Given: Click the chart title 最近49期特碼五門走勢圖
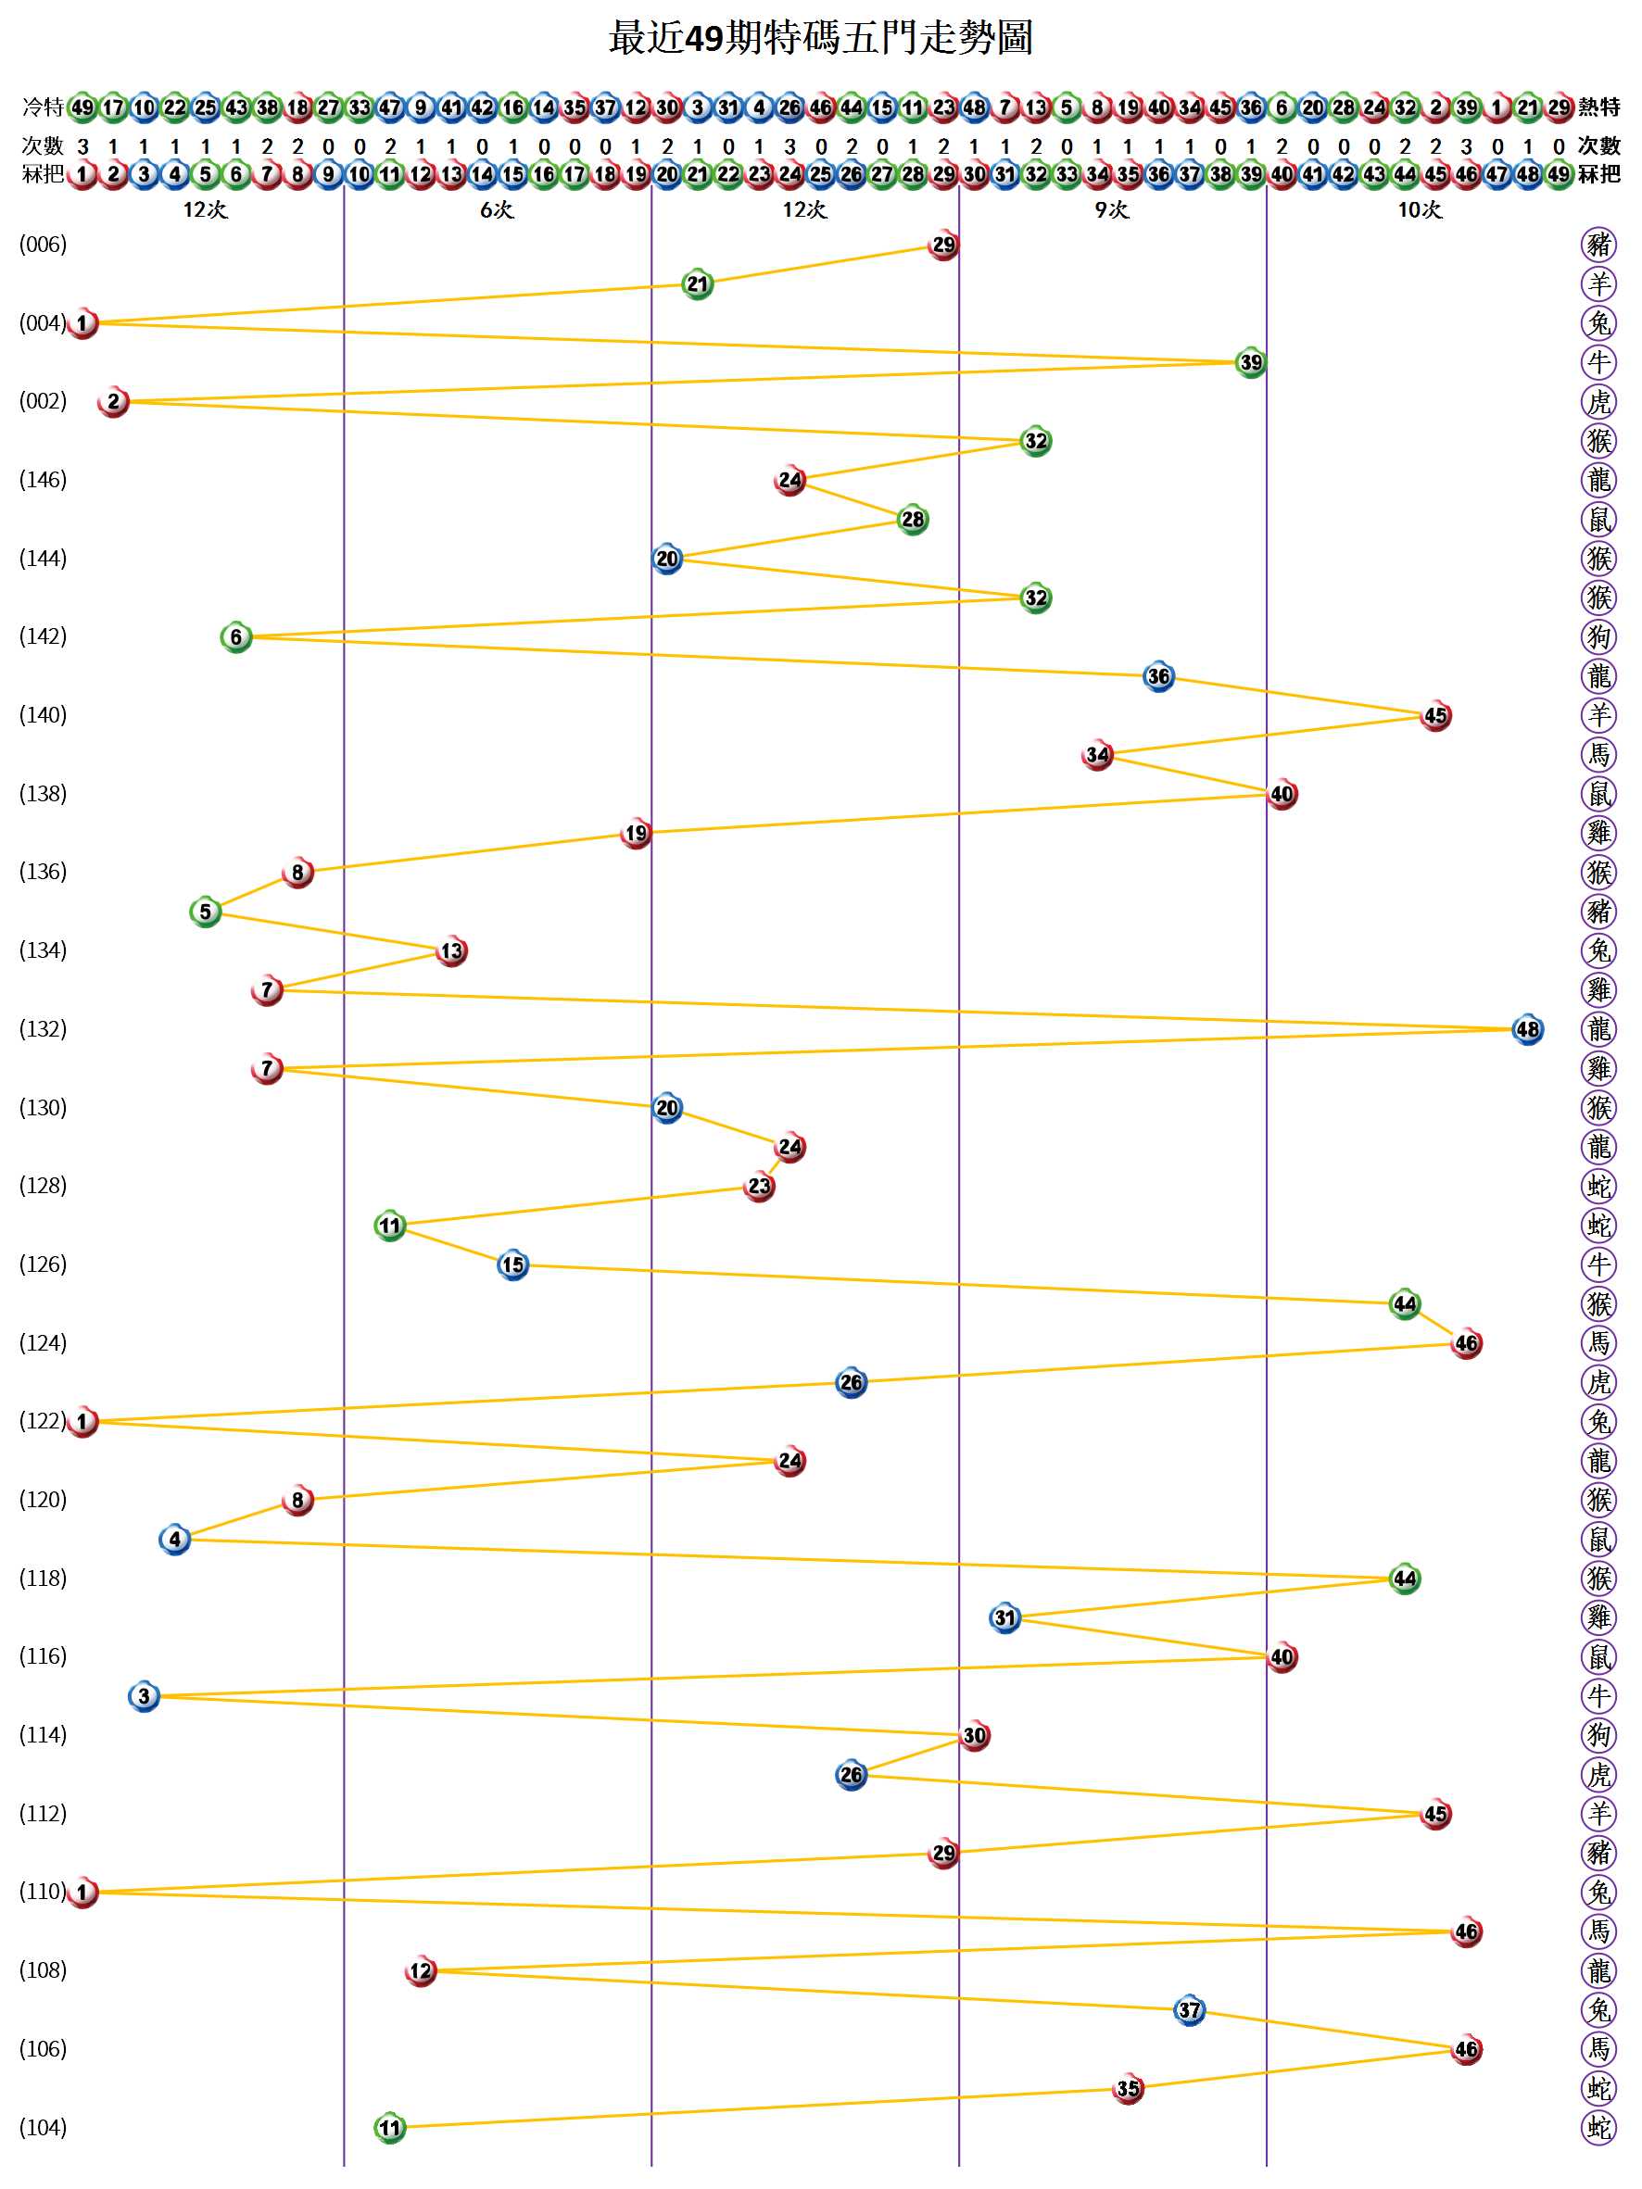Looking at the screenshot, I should coord(820,38).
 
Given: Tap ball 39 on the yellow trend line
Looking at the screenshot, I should coord(1251,362).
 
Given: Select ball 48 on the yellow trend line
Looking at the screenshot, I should coord(1527,1029).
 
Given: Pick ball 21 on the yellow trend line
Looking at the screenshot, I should coord(698,284).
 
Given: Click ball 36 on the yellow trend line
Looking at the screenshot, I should coord(1158,677).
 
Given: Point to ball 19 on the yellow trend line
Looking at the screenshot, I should coord(636,833).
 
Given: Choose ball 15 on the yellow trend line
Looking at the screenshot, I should coord(512,1264).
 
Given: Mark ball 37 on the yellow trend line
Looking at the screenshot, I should coord(1189,2010).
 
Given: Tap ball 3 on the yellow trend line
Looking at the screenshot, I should coord(145,1696).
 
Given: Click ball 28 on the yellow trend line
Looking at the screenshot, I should coord(913,520).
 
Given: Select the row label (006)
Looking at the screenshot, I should coord(44,245).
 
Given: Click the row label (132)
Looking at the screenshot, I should coord(44,1029).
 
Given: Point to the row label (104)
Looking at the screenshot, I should coord(44,2128).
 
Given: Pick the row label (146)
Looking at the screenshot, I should coord(44,480).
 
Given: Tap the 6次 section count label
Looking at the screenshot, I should coord(497,209).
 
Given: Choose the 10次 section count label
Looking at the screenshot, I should coord(1420,209).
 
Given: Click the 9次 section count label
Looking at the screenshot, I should coord(1111,209).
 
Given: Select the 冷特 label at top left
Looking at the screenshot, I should coord(43,107).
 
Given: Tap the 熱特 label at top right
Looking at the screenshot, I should coord(1599,107).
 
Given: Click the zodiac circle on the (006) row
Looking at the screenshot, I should coord(1598,245).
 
